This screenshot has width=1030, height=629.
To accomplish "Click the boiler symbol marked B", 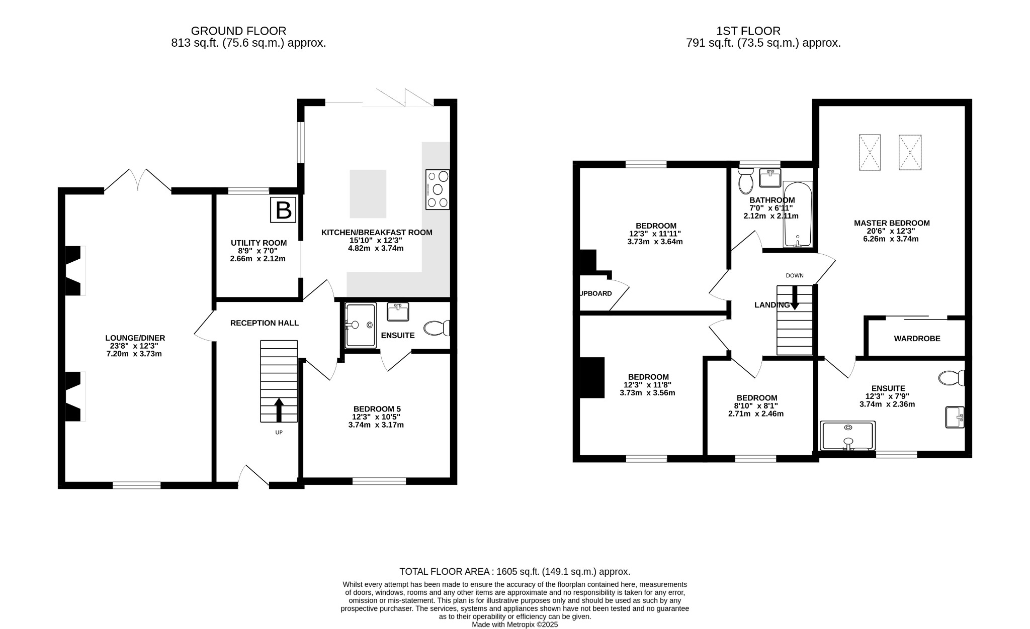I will pos(283,210).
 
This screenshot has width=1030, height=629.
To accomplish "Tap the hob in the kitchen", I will pos(438,189).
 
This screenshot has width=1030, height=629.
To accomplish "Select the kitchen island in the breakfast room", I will pos(368,194).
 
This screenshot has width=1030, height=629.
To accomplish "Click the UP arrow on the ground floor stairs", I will pos(279,409).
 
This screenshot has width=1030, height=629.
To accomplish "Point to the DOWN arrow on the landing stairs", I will pos(795,297).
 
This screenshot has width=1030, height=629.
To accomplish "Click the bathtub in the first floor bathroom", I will pos(798,215).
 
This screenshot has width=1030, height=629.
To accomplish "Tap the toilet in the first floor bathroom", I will pos(745,181).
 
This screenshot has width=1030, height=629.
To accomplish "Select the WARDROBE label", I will pos(916,339).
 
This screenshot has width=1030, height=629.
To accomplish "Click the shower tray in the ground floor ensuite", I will pos(361,325).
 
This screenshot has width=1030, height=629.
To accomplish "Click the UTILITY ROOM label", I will pos(259,243).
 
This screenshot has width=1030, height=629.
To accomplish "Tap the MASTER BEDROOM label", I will pos(891,223).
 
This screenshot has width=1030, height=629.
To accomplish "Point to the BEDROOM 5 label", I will pos(377,409).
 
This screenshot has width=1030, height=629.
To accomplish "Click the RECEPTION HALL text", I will pos(264,323).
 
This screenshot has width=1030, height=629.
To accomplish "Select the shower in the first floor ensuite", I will pos(847,436).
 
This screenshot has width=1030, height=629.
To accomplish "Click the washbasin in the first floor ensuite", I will pos(955,417).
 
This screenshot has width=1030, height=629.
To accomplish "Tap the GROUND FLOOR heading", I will pos(238,31).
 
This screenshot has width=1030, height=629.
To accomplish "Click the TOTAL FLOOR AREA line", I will pos(514,572).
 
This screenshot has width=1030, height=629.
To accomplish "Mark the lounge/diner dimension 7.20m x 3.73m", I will pos(134,354).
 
